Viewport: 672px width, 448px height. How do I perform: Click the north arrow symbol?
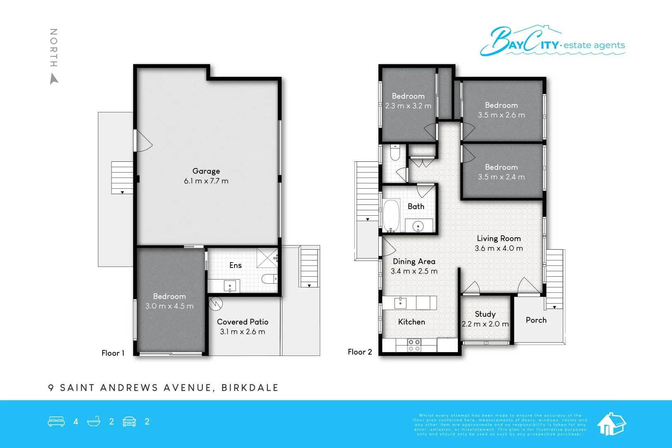[x=54, y=78]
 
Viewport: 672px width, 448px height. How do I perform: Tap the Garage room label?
[x=206, y=171]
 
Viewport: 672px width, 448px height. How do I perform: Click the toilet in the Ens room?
[x=269, y=279]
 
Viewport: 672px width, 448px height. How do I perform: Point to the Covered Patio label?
[x=243, y=322]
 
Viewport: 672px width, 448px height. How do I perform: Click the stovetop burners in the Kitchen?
[x=414, y=345]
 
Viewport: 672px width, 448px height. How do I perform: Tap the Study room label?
[x=485, y=314]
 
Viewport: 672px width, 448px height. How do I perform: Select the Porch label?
[x=536, y=320]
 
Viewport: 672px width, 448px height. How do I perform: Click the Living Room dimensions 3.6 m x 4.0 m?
[x=499, y=248]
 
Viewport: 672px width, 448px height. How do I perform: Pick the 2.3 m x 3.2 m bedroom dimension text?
[x=408, y=106]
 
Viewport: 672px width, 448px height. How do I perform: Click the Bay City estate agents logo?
[x=552, y=41]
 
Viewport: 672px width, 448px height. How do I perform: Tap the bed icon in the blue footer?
[x=56, y=421]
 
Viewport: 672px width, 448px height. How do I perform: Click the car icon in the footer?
[x=129, y=421]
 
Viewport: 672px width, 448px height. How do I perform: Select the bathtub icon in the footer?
[x=94, y=421]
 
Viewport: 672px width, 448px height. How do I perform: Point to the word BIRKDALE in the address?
[x=250, y=388]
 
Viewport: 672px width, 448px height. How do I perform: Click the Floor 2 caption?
[x=360, y=352]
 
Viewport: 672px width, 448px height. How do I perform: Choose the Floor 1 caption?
[x=113, y=353]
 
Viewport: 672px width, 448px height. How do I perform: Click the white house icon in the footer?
[x=611, y=424]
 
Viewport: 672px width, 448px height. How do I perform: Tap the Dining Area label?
[x=414, y=261]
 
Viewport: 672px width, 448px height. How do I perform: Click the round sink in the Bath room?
[x=418, y=226]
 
